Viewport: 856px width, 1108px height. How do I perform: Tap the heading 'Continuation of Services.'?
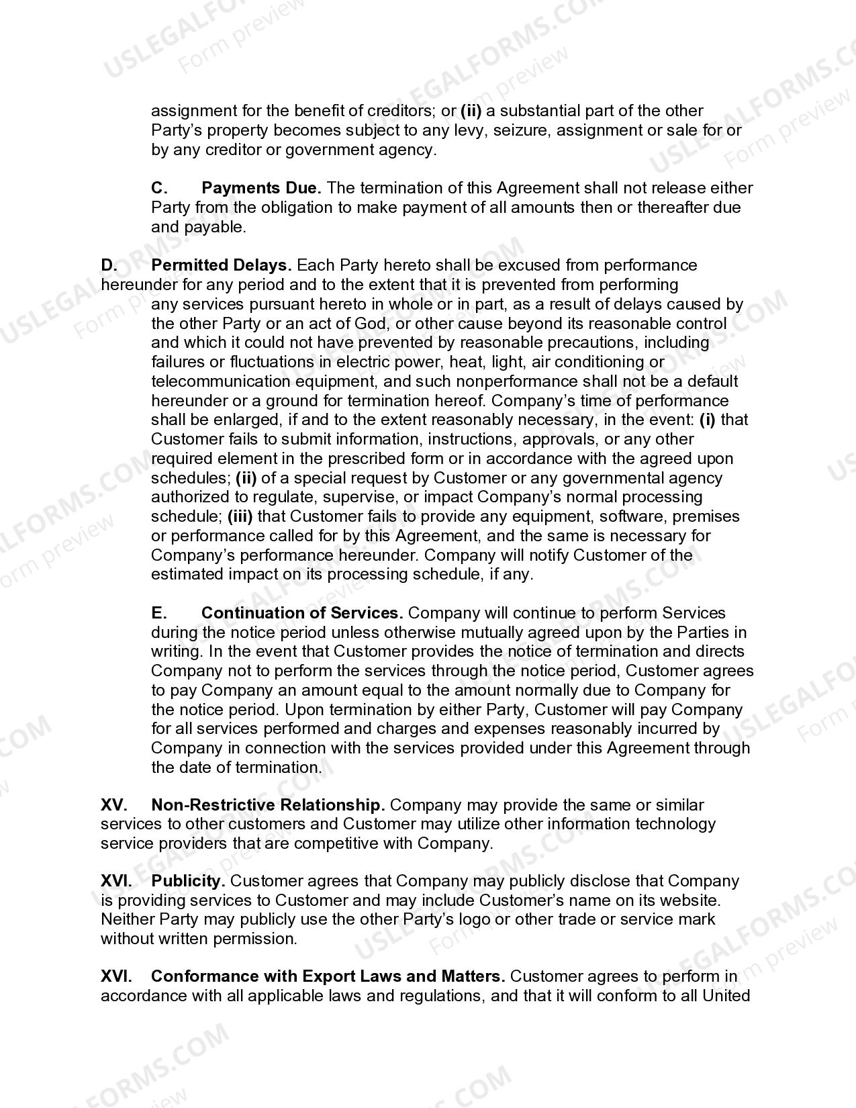point(302,613)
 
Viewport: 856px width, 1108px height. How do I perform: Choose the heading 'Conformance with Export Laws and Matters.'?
point(328,976)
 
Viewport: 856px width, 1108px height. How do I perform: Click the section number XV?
point(115,804)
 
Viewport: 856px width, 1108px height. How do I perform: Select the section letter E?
point(158,613)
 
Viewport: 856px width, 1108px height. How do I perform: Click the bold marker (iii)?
point(240,516)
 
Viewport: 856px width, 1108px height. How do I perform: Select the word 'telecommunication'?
point(221,381)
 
